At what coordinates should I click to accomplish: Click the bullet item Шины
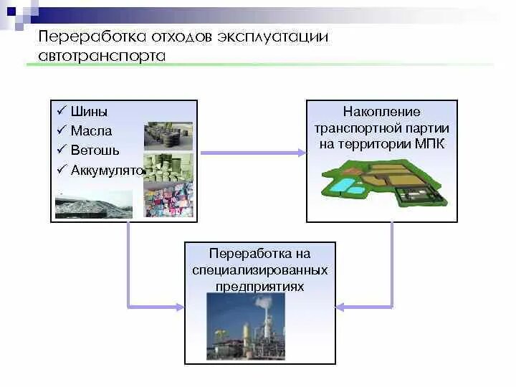click(x=90, y=112)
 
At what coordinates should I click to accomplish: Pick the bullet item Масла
click(x=91, y=131)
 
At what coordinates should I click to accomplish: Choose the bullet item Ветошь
click(x=95, y=150)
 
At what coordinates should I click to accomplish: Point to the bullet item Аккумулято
click(x=107, y=170)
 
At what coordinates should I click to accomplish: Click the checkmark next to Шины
click(x=61, y=112)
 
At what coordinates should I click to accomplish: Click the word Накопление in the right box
click(x=381, y=112)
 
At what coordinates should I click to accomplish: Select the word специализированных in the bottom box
click(x=260, y=270)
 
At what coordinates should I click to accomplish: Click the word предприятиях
click(x=260, y=286)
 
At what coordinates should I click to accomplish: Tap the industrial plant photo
click(x=246, y=326)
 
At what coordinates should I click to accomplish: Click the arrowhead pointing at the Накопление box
click(x=301, y=152)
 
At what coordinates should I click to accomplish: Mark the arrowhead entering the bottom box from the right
click(x=340, y=307)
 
